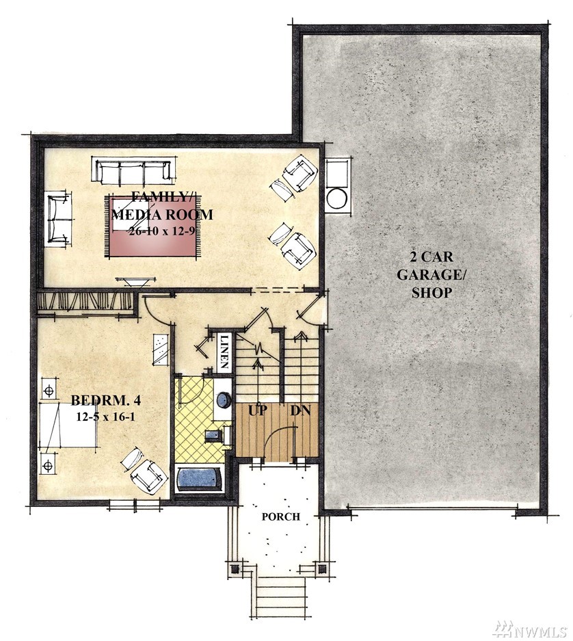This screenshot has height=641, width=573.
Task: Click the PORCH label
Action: pyautogui.click(x=281, y=516)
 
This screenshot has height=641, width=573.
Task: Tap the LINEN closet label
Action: pyautogui.click(x=224, y=352)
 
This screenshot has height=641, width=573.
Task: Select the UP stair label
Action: pyautogui.click(x=258, y=410)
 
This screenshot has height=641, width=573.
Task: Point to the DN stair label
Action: pyautogui.click(x=301, y=410)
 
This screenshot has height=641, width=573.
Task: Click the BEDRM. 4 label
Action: pyautogui.click(x=106, y=400)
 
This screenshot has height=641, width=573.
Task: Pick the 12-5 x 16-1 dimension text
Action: pyautogui.click(x=105, y=417)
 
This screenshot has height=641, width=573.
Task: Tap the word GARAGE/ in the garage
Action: pyautogui.click(x=431, y=274)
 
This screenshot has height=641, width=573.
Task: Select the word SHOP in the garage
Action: pyautogui.click(x=431, y=293)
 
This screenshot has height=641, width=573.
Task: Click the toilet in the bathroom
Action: pyautogui.click(x=217, y=435)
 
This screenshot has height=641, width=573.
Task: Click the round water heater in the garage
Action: pyautogui.click(x=336, y=199)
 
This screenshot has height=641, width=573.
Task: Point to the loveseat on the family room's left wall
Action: pyautogui.click(x=57, y=220)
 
